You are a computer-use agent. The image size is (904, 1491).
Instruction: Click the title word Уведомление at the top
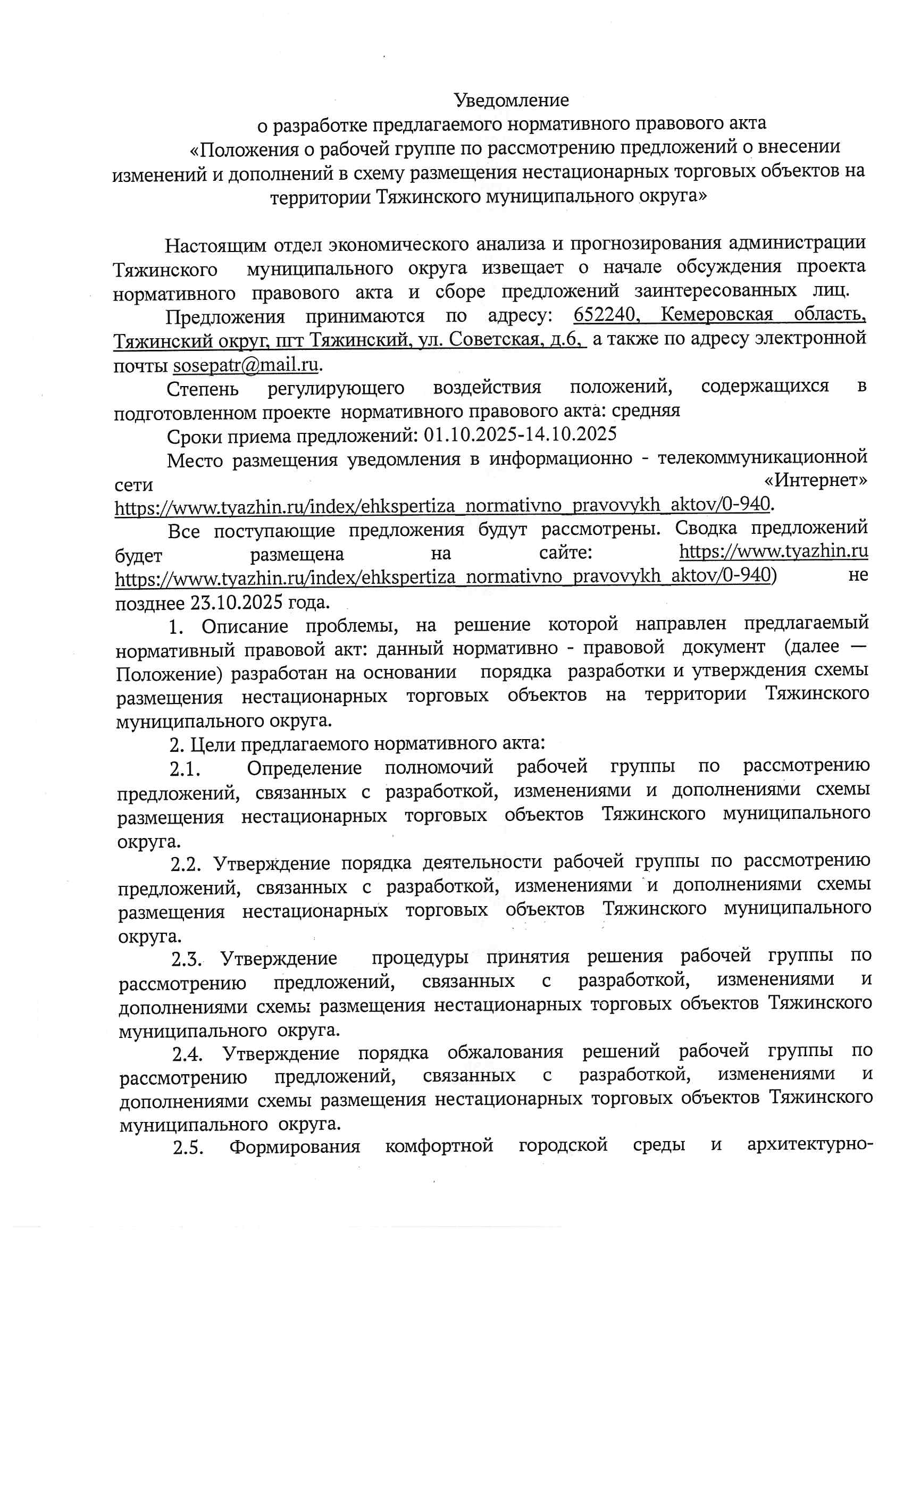(512, 100)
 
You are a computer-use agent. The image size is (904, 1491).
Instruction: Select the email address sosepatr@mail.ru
(246, 365)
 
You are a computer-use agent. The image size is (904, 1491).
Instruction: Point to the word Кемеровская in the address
(716, 315)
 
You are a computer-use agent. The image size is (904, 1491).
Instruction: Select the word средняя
(646, 411)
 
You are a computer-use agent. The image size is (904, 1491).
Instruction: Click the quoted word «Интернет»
(815, 481)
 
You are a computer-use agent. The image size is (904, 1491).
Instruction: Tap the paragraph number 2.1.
(185, 769)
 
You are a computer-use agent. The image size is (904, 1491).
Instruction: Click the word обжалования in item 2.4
(505, 1052)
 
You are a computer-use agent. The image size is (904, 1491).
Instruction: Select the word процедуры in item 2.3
(420, 958)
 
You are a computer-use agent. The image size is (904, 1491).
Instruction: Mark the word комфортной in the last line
(439, 1146)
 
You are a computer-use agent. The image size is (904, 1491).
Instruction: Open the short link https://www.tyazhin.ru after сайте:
(773, 551)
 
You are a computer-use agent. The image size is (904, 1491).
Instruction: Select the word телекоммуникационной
(763, 457)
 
